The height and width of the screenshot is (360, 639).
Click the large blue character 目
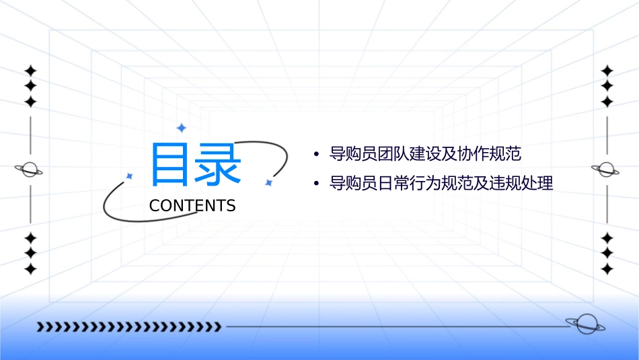pos(169,164)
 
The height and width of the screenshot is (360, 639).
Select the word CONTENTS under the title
pos(192,206)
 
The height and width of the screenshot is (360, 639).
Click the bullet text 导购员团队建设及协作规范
pos(425,154)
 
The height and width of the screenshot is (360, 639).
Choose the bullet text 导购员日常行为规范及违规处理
pos(441,183)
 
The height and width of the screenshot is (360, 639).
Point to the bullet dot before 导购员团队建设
pos(316,155)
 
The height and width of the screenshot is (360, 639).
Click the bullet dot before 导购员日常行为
pos(316,184)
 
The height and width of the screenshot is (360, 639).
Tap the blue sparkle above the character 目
pos(181,128)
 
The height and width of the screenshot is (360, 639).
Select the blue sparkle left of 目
pos(130,176)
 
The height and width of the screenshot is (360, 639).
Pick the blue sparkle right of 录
pos(268,182)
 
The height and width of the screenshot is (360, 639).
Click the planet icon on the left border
pos(30,170)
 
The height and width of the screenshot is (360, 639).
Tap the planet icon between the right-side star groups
pos(607,170)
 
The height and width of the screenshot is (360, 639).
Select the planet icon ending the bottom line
pos(585,324)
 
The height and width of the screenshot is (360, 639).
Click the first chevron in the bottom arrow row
pos(41,327)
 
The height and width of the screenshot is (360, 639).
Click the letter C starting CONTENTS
pos(155,206)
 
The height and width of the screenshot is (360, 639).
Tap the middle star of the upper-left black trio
pos(30,86)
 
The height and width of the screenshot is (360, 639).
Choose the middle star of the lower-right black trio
pos(607,253)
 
